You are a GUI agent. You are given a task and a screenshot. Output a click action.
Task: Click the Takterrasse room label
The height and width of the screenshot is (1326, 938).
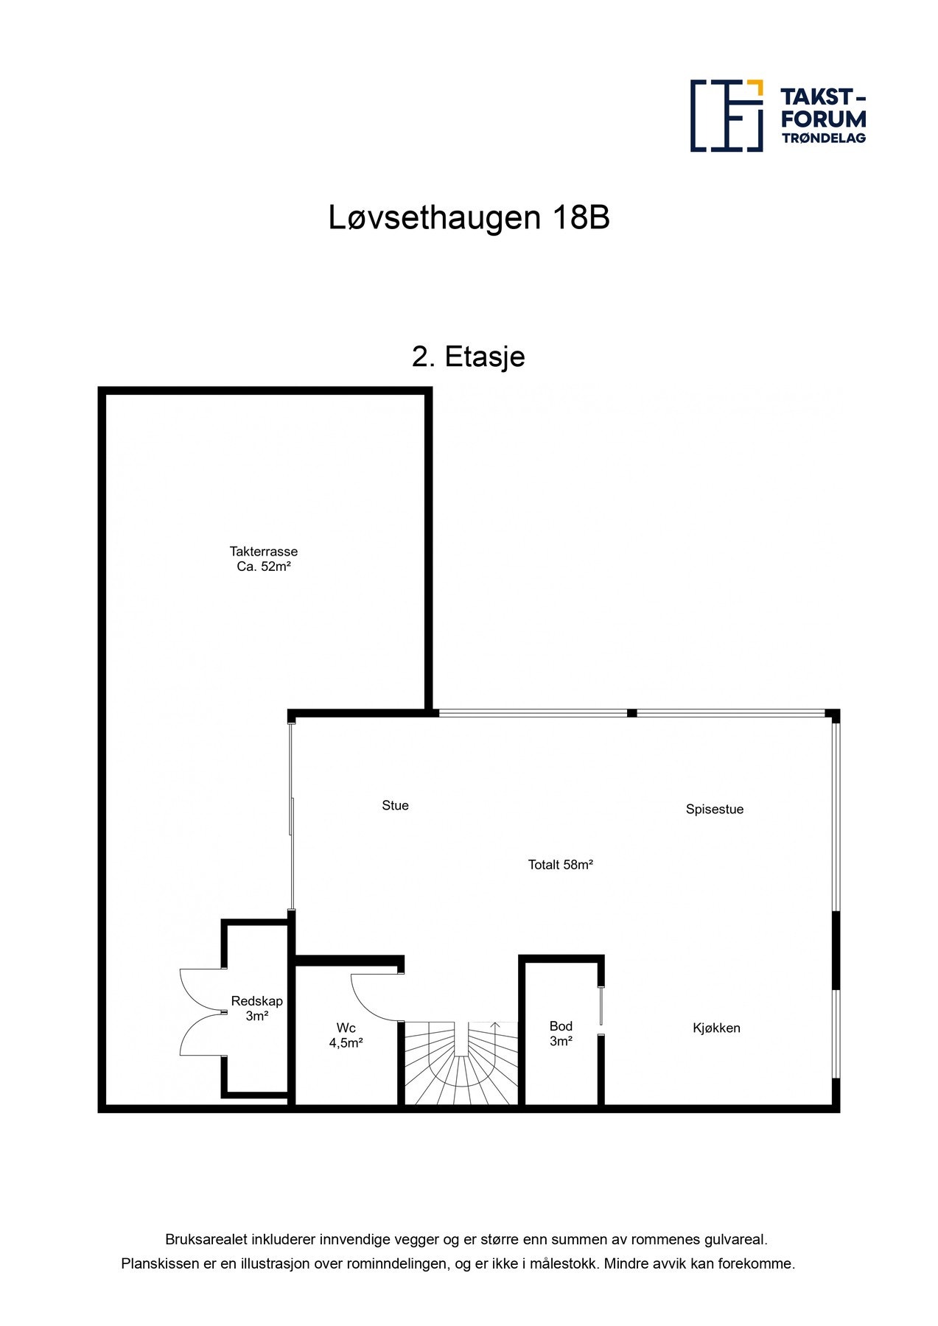tap(263, 558)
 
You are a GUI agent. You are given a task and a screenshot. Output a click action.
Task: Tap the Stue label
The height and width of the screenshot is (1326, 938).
tap(395, 805)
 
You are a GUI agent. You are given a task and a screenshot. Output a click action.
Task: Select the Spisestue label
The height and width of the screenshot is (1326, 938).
tap(714, 809)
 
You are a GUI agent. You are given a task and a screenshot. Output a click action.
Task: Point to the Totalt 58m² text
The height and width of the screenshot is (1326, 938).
tap(560, 865)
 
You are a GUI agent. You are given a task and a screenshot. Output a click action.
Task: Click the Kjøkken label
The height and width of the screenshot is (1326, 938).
tap(716, 1028)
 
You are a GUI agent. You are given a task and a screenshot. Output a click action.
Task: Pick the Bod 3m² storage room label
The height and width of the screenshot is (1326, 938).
tap(561, 1034)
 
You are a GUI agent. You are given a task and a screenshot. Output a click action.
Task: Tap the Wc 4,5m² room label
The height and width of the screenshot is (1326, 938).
tap(346, 1035)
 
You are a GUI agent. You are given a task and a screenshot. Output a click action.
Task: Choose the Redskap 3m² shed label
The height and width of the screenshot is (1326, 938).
tap(256, 1008)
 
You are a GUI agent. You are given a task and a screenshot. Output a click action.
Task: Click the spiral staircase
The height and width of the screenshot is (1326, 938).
tap(461, 1064)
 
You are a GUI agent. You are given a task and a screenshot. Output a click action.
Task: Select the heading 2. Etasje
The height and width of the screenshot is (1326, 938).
tap(469, 357)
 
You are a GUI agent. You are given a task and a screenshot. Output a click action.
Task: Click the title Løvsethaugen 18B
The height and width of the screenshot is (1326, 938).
tap(469, 218)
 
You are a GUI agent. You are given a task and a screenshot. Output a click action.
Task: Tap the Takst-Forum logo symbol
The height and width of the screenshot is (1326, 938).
tap(726, 116)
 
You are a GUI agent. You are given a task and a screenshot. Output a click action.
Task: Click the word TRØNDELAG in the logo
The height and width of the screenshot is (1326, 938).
tap(823, 138)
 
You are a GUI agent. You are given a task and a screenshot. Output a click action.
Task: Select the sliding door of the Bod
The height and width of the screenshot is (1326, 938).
tap(601, 1006)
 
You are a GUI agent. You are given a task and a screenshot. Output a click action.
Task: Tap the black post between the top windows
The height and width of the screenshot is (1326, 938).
tap(631, 713)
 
